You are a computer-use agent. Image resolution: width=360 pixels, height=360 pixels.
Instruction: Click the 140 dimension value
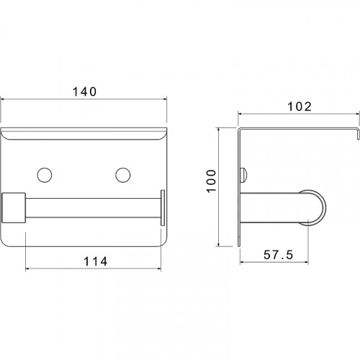84,91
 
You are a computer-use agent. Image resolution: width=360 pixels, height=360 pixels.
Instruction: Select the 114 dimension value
96,261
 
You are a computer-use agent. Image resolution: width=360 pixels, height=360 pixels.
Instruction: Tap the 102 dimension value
300,107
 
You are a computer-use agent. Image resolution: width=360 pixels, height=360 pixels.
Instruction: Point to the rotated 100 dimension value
211,181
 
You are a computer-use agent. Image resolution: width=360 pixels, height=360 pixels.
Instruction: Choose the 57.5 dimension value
279,255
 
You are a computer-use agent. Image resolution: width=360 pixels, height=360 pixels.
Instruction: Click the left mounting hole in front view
45,175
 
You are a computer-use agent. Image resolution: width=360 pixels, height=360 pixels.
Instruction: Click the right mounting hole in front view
123,175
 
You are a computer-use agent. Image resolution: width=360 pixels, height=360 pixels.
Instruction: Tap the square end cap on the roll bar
14,208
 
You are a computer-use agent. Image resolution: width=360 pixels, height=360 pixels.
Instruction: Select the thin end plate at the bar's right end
163,208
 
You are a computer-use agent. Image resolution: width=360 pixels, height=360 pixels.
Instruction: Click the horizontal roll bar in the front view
93,208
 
